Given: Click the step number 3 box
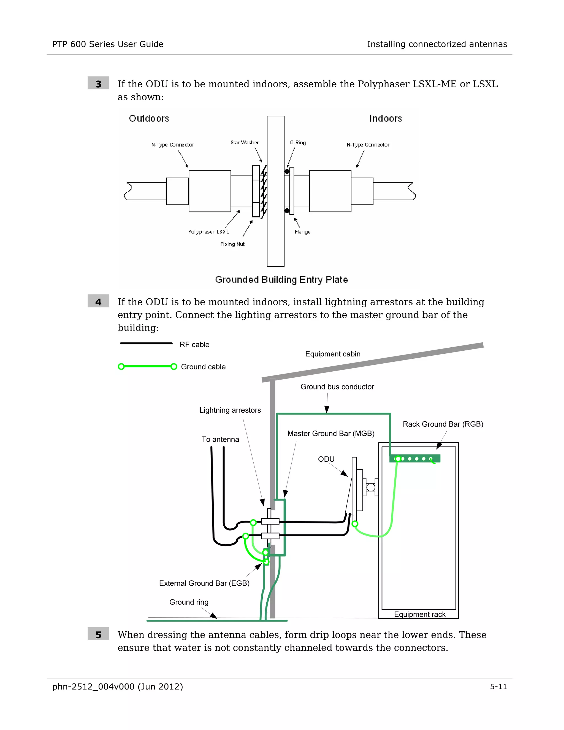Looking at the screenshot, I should tap(98, 83).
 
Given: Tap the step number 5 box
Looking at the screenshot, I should tap(98, 634).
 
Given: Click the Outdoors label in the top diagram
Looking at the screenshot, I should tap(149, 119).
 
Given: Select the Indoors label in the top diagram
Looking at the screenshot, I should tap(386, 119).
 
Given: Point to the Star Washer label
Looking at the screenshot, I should tap(245, 143).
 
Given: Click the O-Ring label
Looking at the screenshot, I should tap(298, 143).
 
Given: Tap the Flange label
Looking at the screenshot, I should tap(302, 232).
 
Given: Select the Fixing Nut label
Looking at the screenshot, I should tap(232, 244).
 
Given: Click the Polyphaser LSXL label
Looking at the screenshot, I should tap(208, 232).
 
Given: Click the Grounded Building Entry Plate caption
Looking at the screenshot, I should tap(281, 280).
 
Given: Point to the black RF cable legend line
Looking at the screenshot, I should tap(146, 343).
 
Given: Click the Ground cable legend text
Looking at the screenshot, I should tap(203, 367).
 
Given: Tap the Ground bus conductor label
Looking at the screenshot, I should tap(337, 387).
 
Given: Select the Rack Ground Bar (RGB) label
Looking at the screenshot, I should tap(443, 424).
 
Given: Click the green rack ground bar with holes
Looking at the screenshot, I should tap(415, 459).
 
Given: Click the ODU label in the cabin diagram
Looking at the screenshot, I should tap(326, 459).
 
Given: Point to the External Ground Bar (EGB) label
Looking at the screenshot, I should tap(204, 583).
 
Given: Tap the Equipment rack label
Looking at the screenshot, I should tap(420, 614).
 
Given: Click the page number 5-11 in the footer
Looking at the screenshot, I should tap(498, 686).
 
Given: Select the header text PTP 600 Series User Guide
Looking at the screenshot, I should tap(108, 44).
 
